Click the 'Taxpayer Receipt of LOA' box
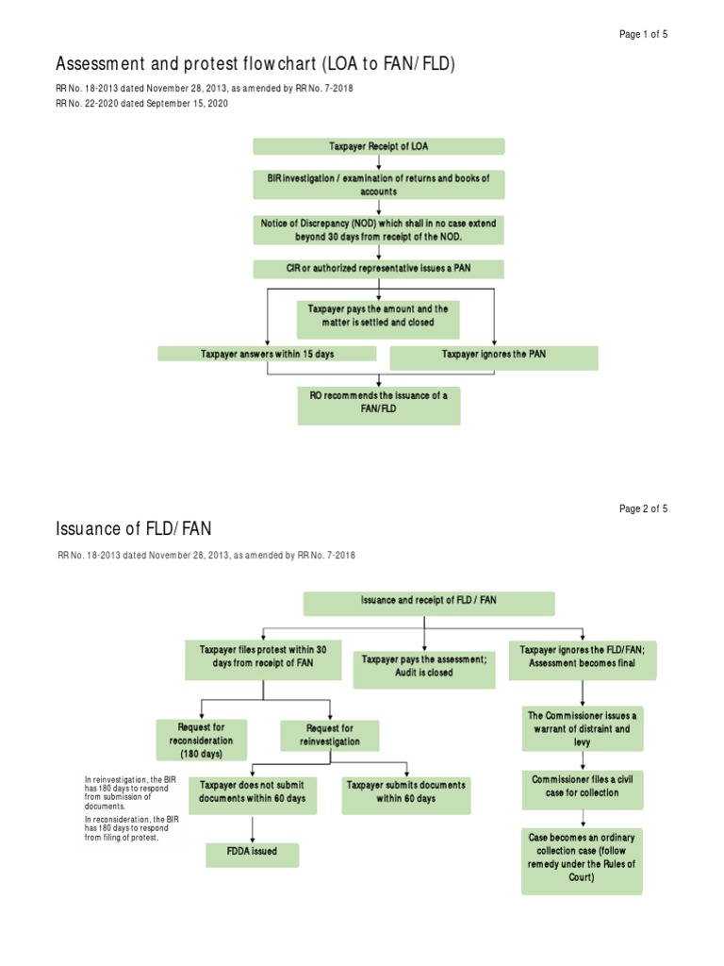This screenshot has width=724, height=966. coord(378,146)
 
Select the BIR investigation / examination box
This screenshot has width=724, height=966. coord(378,184)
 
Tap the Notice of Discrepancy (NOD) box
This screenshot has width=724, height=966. coord(378,229)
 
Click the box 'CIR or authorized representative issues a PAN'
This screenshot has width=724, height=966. coord(378,269)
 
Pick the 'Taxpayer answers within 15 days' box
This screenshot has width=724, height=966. coord(267,354)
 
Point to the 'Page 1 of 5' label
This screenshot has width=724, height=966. coord(643,34)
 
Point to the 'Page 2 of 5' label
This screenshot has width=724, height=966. coord(643,508)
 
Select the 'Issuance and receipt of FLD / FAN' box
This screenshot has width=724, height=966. coord(428,602)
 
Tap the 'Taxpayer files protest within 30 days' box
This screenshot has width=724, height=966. coord(263,657)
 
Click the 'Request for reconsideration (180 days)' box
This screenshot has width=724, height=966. coord(201,741)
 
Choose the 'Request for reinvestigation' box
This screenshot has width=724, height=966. coord(329,735)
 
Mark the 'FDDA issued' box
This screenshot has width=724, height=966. coord(253,854)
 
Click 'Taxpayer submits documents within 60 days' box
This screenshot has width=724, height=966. coord(405,792)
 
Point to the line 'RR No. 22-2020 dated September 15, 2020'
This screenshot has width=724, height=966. coord(142,104)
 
